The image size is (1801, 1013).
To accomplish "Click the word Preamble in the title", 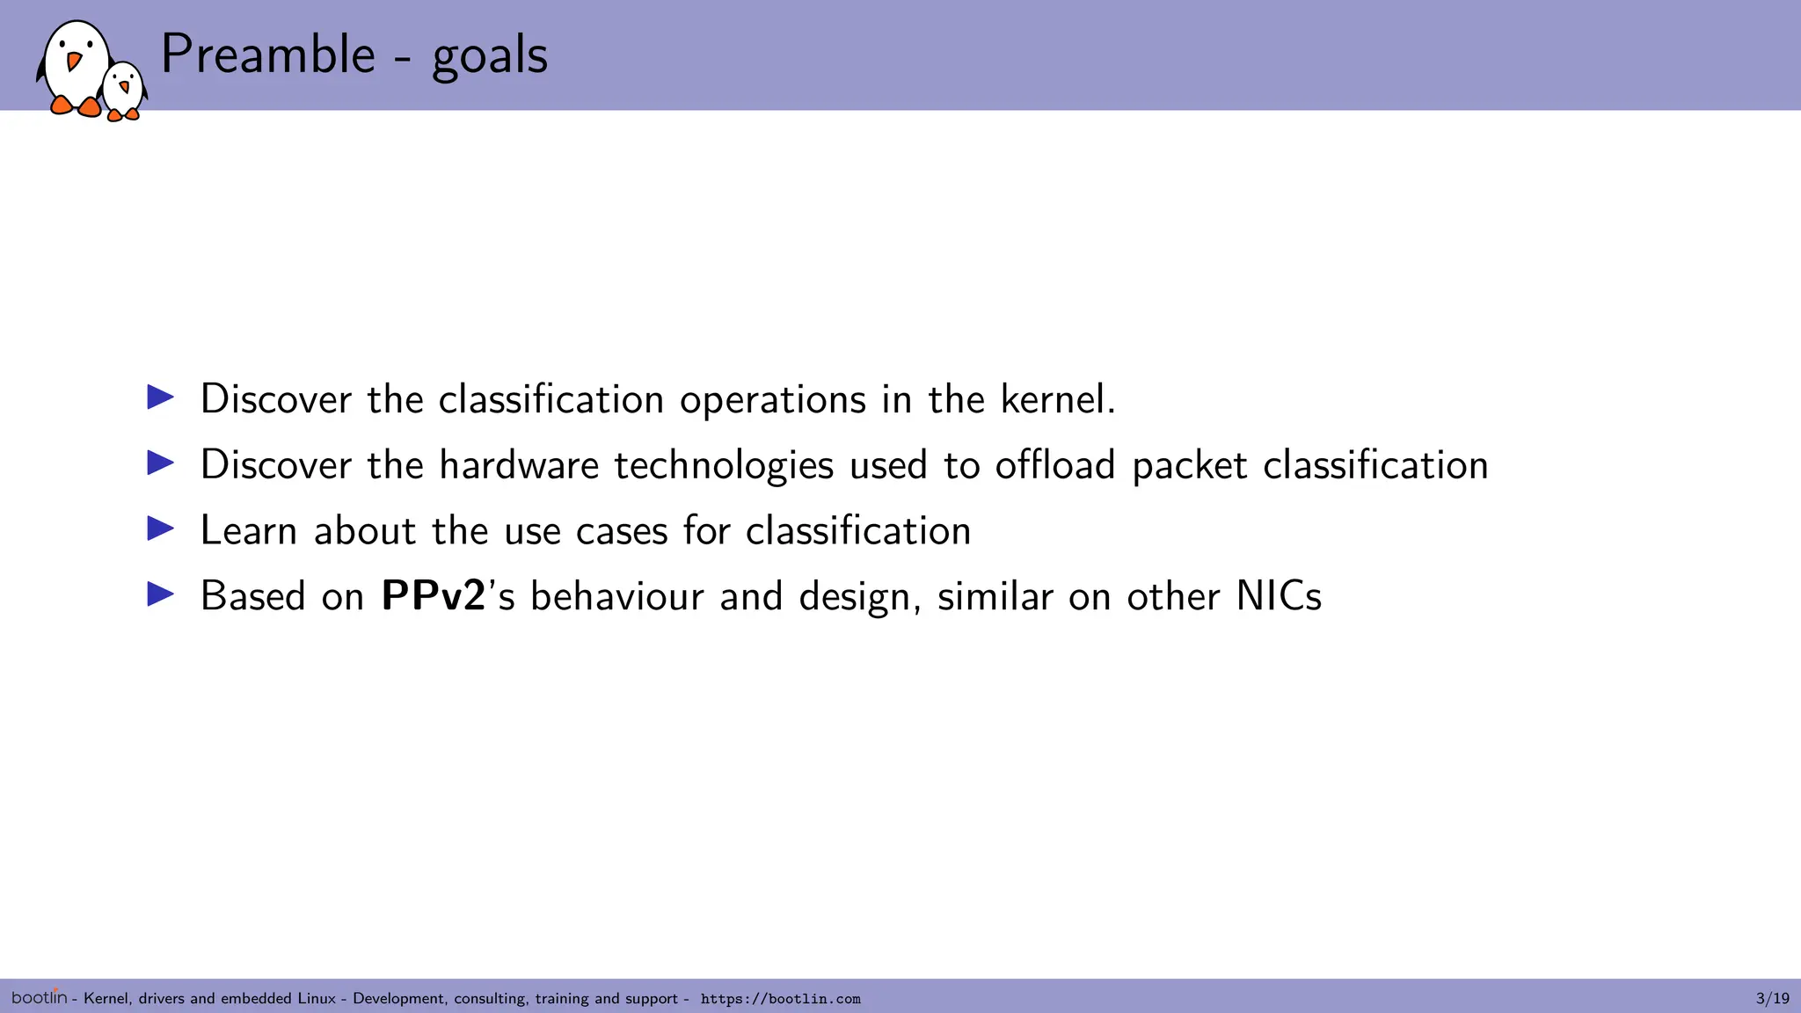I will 268,55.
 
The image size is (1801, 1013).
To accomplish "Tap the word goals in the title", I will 489,56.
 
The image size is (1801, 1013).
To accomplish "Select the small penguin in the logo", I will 123,90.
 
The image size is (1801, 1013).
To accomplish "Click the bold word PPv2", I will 434,596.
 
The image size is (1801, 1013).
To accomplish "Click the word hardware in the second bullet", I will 519,464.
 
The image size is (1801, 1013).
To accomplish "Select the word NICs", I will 1278,596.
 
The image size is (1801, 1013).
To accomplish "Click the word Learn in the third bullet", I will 248,530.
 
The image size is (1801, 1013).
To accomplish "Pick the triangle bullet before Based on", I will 160,594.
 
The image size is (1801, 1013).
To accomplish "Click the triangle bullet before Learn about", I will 160,528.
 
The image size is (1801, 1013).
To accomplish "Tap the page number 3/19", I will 1772,998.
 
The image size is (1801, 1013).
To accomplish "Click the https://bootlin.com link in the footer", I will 780,999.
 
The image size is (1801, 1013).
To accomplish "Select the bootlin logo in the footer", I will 39,996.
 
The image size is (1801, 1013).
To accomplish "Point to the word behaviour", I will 616,596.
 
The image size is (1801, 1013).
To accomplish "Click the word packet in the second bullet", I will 1189,466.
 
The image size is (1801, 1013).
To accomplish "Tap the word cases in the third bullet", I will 621,531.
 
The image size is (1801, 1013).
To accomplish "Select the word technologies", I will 723,466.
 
